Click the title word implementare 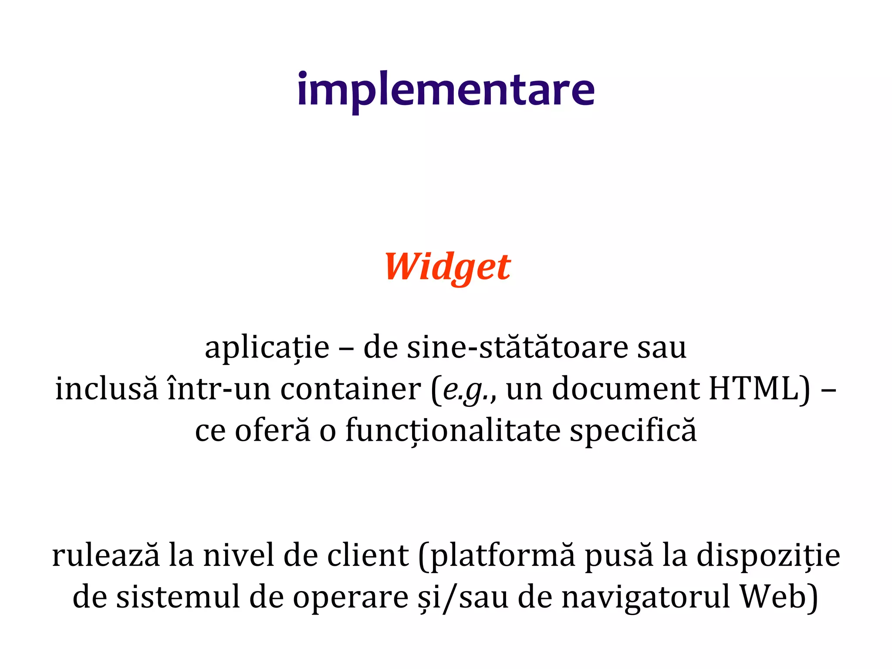click(x=446, y=90)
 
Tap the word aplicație click(x=267, y=348)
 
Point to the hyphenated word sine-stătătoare click(x=517, y=348)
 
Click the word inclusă click(x=107, y=389)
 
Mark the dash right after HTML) click(x=828, y=389)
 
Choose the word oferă click(x=273, y=430)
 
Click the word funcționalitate click(x=453, y=430)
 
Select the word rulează click(x=106, y=556)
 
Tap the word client click(x=368, y=556)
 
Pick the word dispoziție click(x=768, y=557)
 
